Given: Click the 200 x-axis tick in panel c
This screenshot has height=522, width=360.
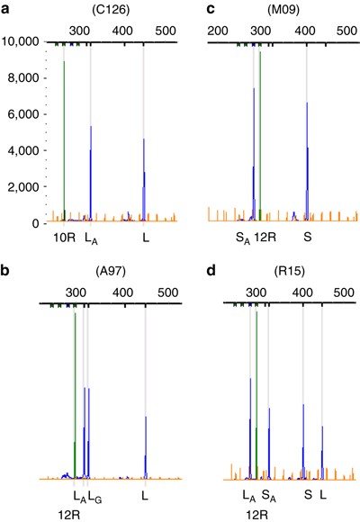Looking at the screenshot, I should [x=217, y=31].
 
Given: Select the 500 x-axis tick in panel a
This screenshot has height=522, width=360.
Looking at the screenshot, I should [x=166, y=31].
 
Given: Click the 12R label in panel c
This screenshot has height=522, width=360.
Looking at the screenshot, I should [x=265, y=238].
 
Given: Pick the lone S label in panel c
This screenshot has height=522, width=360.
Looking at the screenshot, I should [x=307, y=238].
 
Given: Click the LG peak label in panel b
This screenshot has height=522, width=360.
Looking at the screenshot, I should [x=94, y=495].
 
